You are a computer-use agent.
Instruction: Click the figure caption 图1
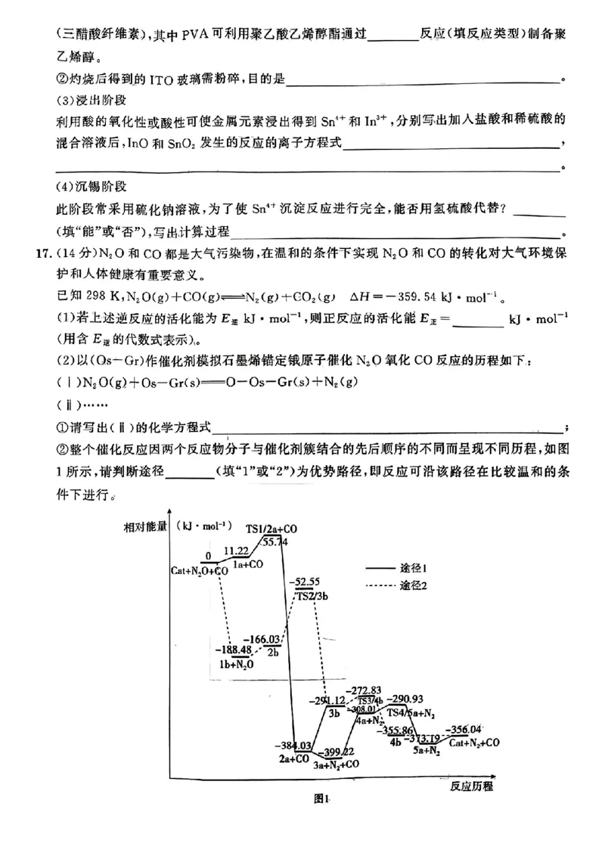pos(323,799)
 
